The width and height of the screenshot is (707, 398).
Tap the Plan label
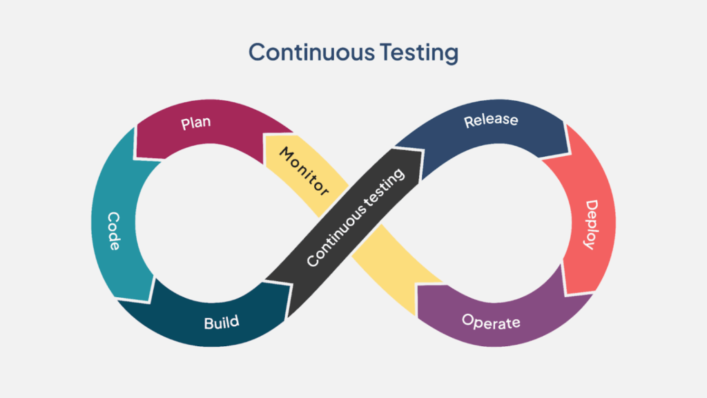pyautogui.click(x=195, y=124)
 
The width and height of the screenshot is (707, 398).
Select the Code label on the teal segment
pyautogui.click(x=115, y=231)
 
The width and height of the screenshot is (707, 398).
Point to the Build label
pyautogui.click(x=222, y=322)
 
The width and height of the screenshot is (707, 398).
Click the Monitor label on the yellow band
pyautogui.click(x=304, y=170)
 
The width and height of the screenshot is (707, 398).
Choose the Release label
pyautogui.click(x=491, y=120)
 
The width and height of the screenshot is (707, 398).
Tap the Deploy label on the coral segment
pyautogui.click(x=590, y=225)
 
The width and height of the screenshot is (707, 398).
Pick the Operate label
pyautogui.click(x=491, y=321)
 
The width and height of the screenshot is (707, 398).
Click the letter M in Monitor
pyautogui.click(x=286, y=153)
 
